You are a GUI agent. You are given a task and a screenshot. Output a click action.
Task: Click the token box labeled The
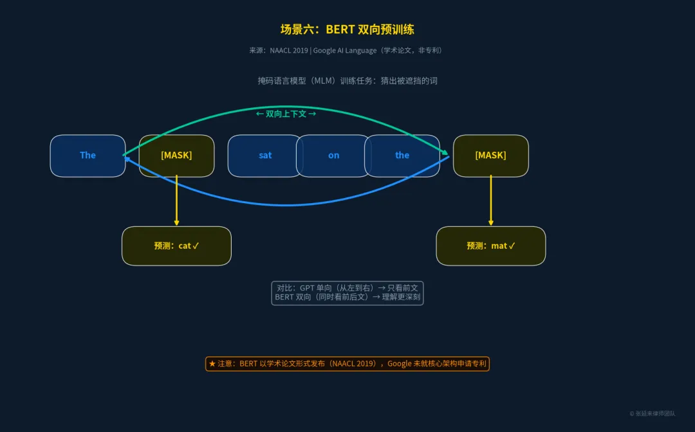pos(88,156)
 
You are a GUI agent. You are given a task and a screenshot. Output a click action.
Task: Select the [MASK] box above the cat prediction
pos(176,156)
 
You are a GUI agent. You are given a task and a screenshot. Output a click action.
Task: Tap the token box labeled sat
pos(264,156)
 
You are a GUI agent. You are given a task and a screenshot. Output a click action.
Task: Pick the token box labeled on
pos(333,156)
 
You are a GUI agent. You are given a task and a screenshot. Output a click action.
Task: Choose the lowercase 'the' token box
pos(403,156)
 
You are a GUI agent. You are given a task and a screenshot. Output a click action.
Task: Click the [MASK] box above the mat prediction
pos(490,156)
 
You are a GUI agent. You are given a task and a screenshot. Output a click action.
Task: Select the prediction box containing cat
pos(176,246)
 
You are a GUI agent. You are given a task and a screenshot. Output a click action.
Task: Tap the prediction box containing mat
pos(490,246)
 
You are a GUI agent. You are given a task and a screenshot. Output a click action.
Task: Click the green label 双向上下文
pos(286,114)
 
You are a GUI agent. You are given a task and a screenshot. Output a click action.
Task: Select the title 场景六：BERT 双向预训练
pos(347,30)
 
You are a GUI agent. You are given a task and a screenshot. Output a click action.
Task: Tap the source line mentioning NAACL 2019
pos(347,50)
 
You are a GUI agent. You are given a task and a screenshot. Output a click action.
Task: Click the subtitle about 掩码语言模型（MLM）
pos(347,80)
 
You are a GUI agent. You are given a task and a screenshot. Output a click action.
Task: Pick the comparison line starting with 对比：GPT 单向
pos(347,288)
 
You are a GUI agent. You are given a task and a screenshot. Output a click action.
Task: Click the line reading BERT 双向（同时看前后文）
pos(347,297)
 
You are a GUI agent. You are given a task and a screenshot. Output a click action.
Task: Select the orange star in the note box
pos(212,364)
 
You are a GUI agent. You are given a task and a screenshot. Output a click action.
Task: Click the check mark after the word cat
pos(196,246)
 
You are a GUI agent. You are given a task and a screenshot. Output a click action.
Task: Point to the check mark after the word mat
pos(512,246)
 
